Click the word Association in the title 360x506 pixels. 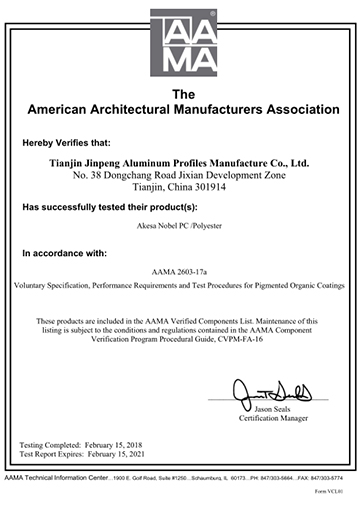click(281, 108)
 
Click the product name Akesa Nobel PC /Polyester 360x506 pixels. click(180, 229)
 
